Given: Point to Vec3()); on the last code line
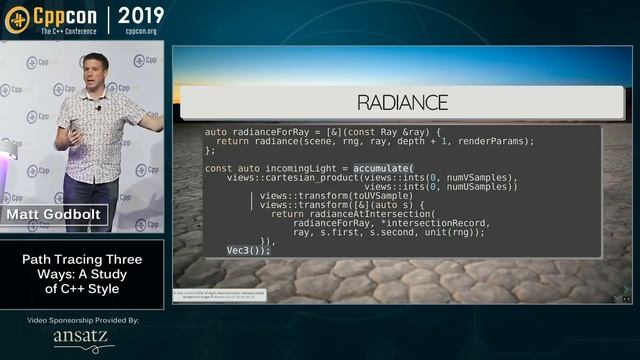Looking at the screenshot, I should coord(248,250).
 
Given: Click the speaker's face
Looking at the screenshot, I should coord(95,71).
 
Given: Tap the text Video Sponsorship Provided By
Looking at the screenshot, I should coord(82,319).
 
